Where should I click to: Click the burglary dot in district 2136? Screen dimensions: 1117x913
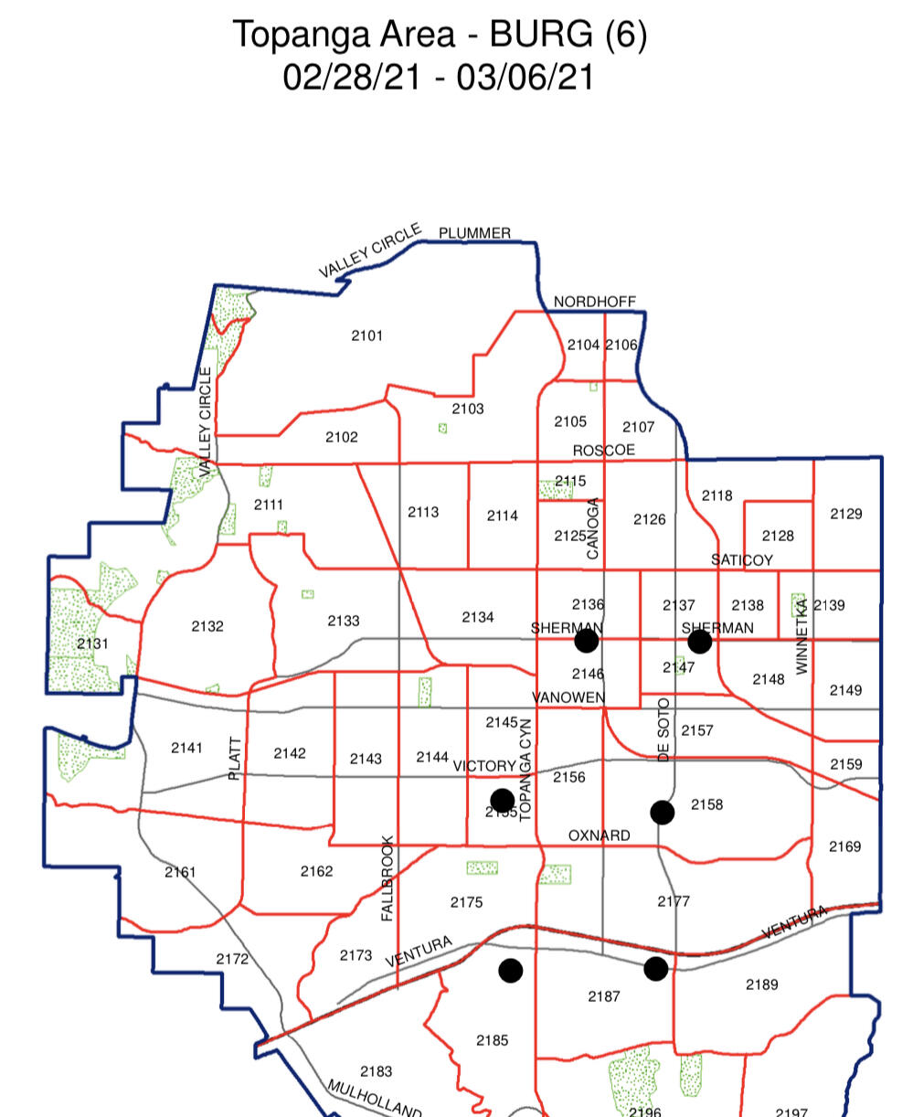point(587,641)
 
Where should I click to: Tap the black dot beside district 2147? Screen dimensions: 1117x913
point(699,642)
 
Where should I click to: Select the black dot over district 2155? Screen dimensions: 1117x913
point(502,801)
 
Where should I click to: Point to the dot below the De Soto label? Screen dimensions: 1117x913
point(663,812)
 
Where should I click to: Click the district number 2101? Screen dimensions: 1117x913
point(366,335)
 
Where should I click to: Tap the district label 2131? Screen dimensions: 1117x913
point(92,644)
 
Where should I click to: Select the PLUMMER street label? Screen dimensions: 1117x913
point(474,233)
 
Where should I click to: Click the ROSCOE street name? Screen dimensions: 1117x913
point(603,451)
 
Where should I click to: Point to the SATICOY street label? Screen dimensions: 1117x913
point(742,559)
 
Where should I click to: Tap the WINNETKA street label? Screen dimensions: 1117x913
point(802,636)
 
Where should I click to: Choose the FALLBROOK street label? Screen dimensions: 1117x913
point(387,878)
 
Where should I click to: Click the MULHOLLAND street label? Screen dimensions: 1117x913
point(374,1099)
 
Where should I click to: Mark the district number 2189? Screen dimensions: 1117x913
point(761,984)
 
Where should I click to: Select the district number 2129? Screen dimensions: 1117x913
point(845,514)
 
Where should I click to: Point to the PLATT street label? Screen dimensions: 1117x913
point(236,758)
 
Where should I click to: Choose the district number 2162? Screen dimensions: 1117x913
point(316,871)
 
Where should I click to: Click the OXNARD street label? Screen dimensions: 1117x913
point(599,835)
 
